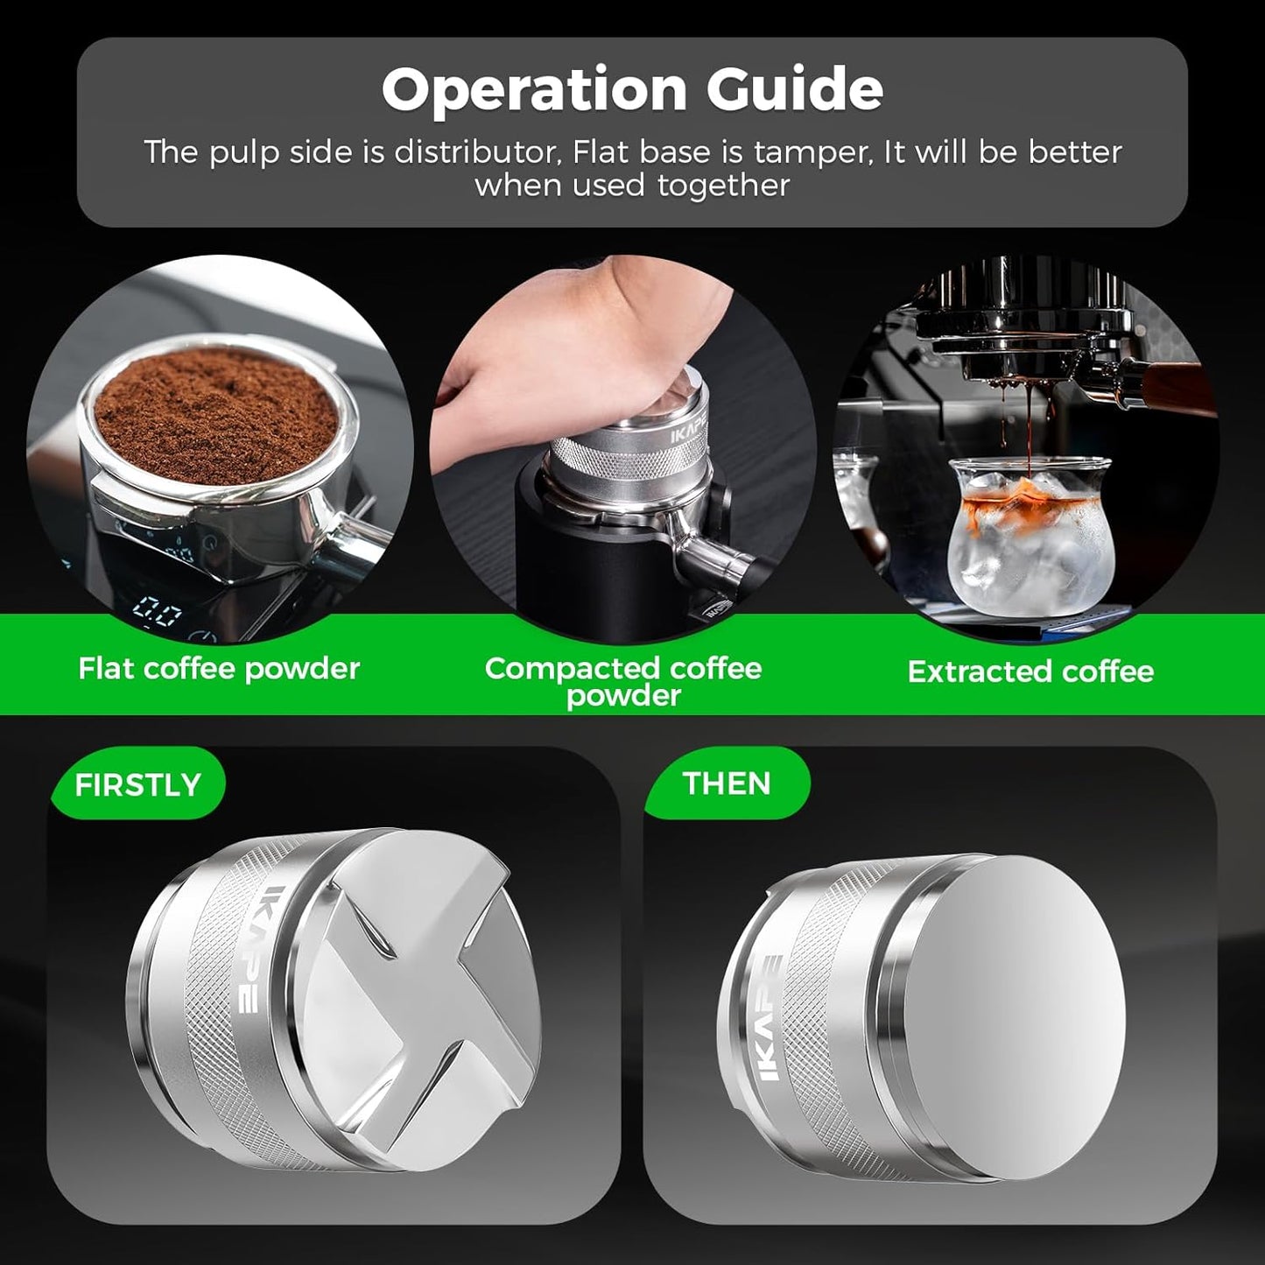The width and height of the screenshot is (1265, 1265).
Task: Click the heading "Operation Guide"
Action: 632,89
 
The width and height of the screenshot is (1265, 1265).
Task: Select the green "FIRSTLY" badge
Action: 137,784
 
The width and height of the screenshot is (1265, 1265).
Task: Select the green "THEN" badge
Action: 727,783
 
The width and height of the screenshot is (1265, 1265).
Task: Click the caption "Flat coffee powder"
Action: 219,669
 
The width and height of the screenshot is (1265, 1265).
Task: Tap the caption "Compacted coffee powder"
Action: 623,681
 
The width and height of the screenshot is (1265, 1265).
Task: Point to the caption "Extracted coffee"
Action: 1030,671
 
